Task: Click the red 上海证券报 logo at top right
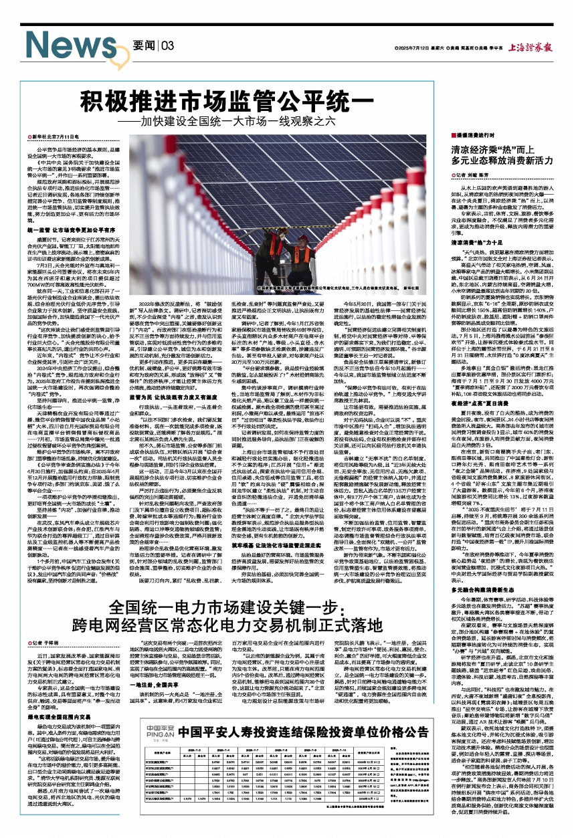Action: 530,48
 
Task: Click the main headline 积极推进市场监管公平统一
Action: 225,102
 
